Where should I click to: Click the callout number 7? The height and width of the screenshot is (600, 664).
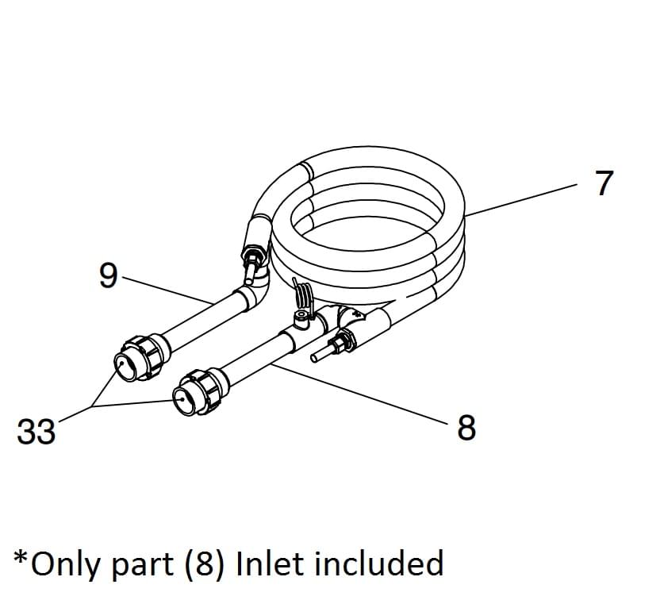click(604, 183)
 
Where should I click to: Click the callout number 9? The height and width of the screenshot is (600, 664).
click(108, 276)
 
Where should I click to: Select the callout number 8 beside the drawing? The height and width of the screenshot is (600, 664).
click(466, 428)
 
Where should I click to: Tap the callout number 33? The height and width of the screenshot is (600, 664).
click(36, 433)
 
